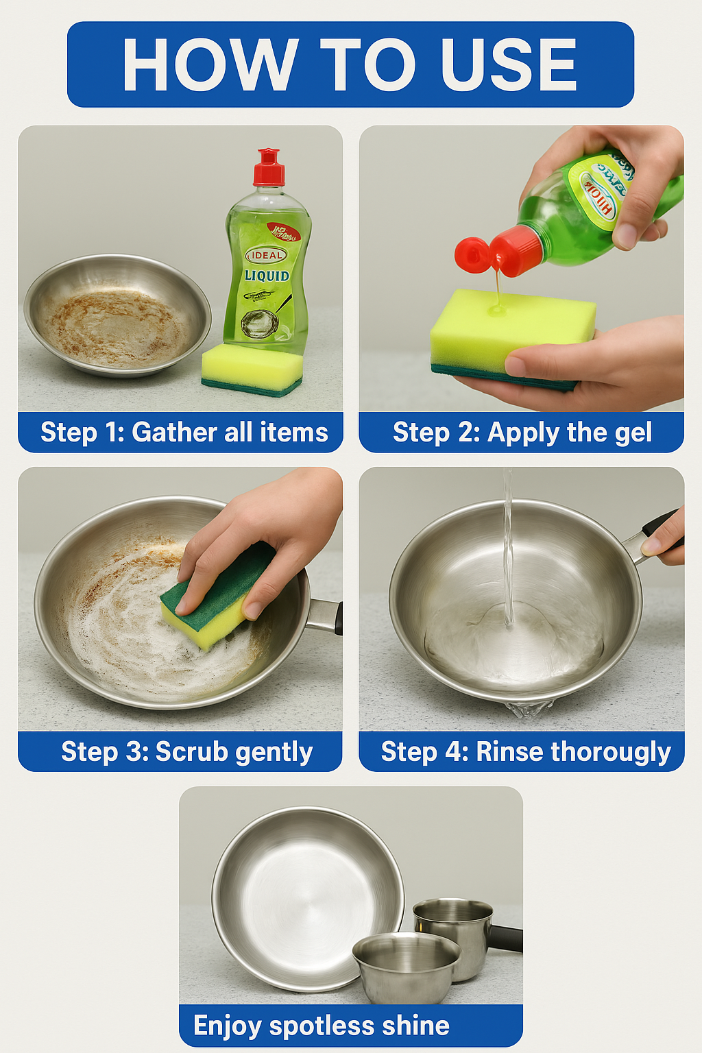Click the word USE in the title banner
(x=508, y=64)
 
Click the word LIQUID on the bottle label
(x=267, y=276)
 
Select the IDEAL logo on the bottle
(x=267, y=255)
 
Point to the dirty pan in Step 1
(x=117, y=315)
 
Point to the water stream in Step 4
(x=507, y=548)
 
